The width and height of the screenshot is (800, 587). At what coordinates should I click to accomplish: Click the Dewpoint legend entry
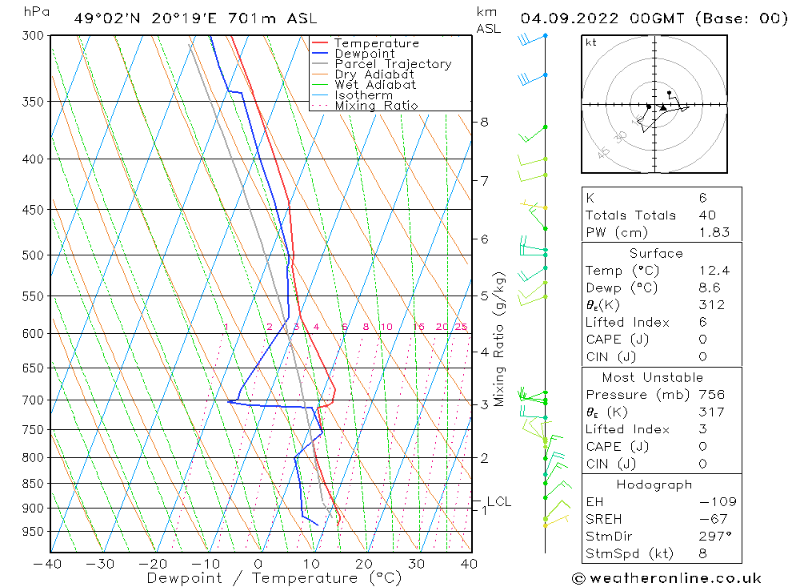click(364, 54)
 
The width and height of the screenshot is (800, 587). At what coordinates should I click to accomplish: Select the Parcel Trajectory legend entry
click(393, 64)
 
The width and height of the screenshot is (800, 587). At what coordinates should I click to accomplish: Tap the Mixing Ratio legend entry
click(376, 105)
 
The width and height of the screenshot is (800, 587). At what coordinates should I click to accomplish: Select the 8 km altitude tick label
click(484, 122)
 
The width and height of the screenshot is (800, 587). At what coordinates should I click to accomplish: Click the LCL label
click(498, 502)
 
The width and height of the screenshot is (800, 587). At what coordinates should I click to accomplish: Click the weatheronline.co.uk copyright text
click(666, 578)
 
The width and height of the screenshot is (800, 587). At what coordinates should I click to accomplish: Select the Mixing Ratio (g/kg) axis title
click(499, 339)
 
